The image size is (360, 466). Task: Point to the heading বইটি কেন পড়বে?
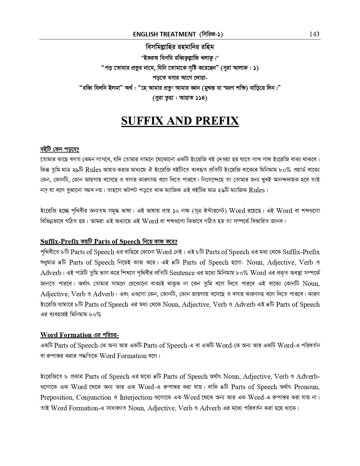point(60,149)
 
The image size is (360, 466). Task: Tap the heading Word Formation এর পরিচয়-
point(80,335)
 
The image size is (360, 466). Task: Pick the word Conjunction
point(94,397)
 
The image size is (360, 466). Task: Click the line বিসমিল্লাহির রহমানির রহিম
point(180,46)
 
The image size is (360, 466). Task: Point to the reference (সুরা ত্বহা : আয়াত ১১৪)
point(180,98)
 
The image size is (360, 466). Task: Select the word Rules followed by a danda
point(257,190)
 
